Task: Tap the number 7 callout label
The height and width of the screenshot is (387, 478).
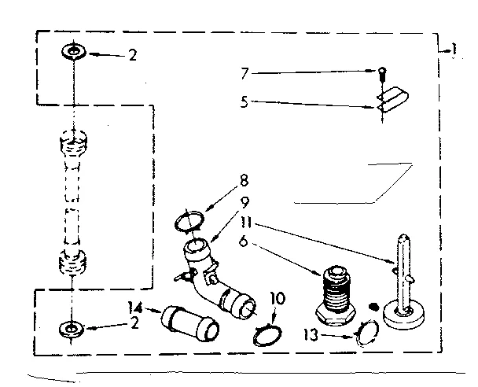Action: pos(246,73)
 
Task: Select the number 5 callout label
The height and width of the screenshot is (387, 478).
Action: pos(246,100)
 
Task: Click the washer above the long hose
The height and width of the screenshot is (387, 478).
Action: pos(72,53)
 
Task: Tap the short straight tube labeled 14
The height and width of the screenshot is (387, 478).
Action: pos(187,322)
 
